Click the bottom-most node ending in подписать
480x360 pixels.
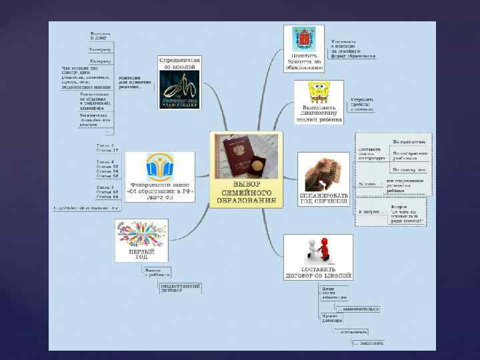[368, 343]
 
